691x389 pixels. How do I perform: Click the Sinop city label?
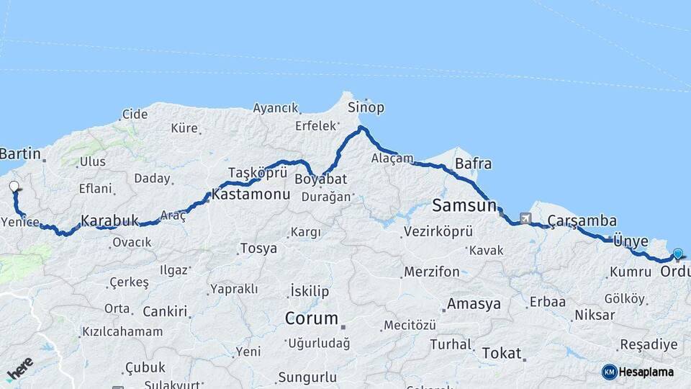click(x=366, y=107)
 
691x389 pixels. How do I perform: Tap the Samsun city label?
click(x=464, y=205)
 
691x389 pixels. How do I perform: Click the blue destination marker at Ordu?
click(x=677, y=254)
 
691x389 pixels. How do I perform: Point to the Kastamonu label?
click(x=250, y=194)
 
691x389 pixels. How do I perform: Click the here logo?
click(x=20, y=369)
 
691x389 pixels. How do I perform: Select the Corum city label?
click(x=311, y=318)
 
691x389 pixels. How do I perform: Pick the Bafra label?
click(x=473, y=164)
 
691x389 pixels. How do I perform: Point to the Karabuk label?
click(x=109, y=220)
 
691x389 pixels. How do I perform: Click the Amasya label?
click(x=473, y=304)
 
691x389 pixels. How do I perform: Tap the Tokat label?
click(x=501, y=352)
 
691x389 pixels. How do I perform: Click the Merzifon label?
click(x=431, y=272)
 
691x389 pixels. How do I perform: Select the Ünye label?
click(x=631, y=241)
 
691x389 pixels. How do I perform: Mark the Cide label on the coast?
click(x=135, y=114)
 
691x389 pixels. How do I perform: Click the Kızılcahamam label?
click(x=122, y=331)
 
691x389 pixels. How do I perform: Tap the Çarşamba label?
click(x=582, y=220)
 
